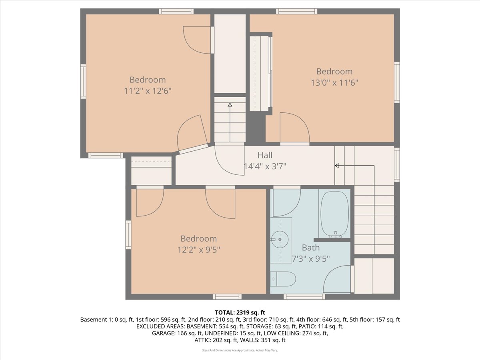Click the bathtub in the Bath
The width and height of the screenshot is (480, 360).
[x=334, y=214]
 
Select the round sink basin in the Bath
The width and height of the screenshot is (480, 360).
[x=280, y=240]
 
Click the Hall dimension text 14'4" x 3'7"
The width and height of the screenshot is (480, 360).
[x=265, y=166]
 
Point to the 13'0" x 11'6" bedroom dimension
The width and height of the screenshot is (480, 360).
[x=334, y=83]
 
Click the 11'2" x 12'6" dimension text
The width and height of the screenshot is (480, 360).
[x=148, y=91]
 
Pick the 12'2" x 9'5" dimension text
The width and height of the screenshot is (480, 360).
[x=199, y=250]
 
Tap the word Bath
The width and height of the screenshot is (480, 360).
[x=311, y=248]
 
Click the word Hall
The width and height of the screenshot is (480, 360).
[x=265, y=155]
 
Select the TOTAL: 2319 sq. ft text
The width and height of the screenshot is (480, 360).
[x=240, y=312]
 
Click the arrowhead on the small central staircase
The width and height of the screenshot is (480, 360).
[x=230, y=105]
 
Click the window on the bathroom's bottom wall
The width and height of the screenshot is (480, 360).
[x=304, y=296]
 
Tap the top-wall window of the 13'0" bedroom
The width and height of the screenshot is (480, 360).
[x=296, y=11]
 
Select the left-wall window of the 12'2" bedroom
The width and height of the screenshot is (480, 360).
[x=128, y=235]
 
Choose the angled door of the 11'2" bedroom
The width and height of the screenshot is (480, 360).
[x=192, y=134]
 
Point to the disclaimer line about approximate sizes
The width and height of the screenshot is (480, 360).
[x=240, y=350]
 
